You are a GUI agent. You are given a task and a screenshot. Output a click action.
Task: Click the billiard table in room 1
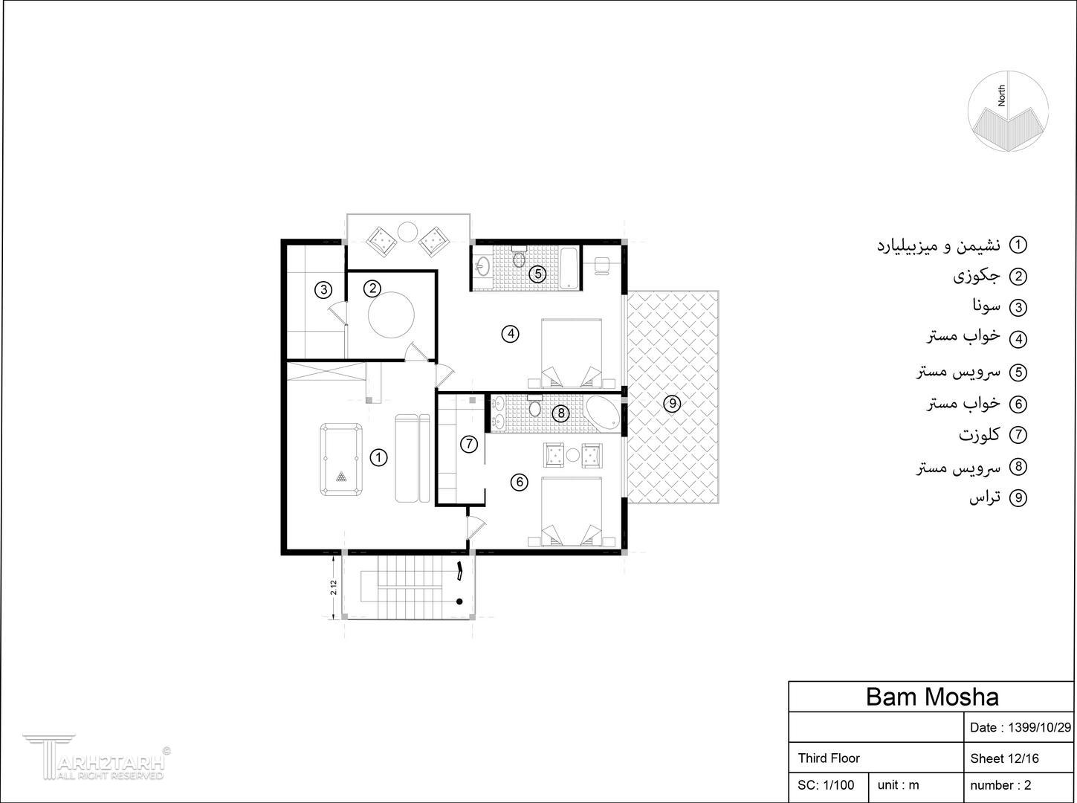(x=341, y=459)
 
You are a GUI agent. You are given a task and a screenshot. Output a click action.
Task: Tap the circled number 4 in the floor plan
(x=511, y=335)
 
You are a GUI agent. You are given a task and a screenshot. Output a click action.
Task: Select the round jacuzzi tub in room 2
(x=391, y=315)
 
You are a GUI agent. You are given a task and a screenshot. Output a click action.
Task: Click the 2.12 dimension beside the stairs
(x=334, y=587)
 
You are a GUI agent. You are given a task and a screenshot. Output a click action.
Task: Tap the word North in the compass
(x=1001, y=95)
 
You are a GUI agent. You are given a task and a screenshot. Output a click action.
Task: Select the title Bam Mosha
(x=932, y=697)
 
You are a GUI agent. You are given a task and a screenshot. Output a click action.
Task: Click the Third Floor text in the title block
(x=829, y=758)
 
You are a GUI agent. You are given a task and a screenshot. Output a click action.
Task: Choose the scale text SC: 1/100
(x=826, y=785)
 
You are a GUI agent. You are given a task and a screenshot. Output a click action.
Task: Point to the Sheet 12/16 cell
(x=1004, y=759)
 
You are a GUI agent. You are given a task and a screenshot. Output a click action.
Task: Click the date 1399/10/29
(x=1039, y=727)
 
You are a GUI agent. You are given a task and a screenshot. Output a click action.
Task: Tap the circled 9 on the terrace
(x=672, y=404)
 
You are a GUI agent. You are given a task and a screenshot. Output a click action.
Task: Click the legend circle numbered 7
(x=1018, y=435)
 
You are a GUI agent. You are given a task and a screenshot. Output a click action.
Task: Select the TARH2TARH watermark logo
(x=97, y=757)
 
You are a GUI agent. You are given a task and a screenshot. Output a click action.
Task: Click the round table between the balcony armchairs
(x=407, y=231)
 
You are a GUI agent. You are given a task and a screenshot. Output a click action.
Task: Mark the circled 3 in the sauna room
(x=323, y=289)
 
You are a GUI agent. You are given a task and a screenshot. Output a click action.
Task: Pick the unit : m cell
(x=898, y=785)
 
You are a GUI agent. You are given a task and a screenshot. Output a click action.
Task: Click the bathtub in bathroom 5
(x=569, y=268)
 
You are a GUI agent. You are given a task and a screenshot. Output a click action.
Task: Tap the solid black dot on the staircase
(x=460, y=602)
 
